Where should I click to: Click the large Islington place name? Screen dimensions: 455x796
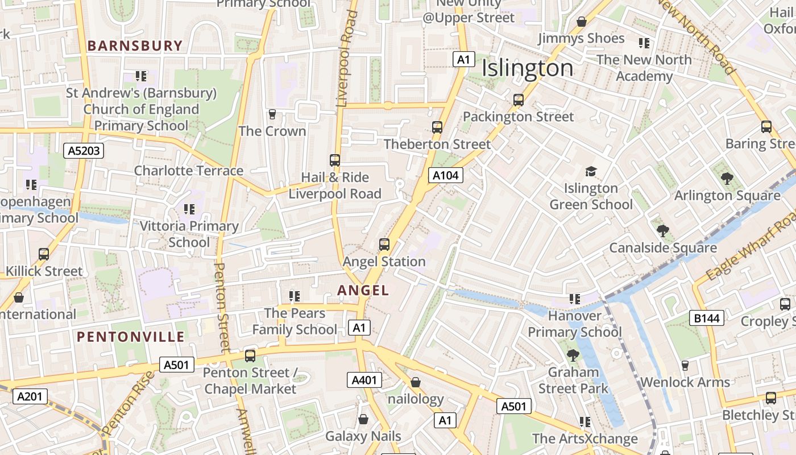[527, 69]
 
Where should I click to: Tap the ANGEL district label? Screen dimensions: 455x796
[363, 291]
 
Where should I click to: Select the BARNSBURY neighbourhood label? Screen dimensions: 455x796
[135, 46]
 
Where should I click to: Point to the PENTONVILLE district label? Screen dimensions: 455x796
[131, 337]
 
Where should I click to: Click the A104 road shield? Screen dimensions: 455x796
[445, 175]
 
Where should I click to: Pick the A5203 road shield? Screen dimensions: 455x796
[83, 151]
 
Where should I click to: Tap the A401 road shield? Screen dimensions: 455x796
[364, 380]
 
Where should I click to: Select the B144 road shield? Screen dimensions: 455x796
[707, 318]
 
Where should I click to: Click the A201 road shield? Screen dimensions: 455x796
[30, 396]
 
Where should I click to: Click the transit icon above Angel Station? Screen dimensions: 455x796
[384, 245]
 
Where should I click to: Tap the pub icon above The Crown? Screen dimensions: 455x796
[272, 114]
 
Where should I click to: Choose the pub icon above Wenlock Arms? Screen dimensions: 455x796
[685, 365]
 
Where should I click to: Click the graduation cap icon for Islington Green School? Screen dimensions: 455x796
[591, 171]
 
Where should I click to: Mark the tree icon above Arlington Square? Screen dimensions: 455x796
[727, 179]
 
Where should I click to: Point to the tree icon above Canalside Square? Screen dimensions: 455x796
[662, 231]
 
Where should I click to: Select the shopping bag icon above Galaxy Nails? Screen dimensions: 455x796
[363, 420]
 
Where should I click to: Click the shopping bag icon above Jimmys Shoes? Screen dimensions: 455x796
[582, 22]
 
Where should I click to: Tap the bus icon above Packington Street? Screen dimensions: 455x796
[518, 100]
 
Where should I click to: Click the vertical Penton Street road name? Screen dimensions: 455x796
[221, 307]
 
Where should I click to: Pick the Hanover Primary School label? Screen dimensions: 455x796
[575, 324]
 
